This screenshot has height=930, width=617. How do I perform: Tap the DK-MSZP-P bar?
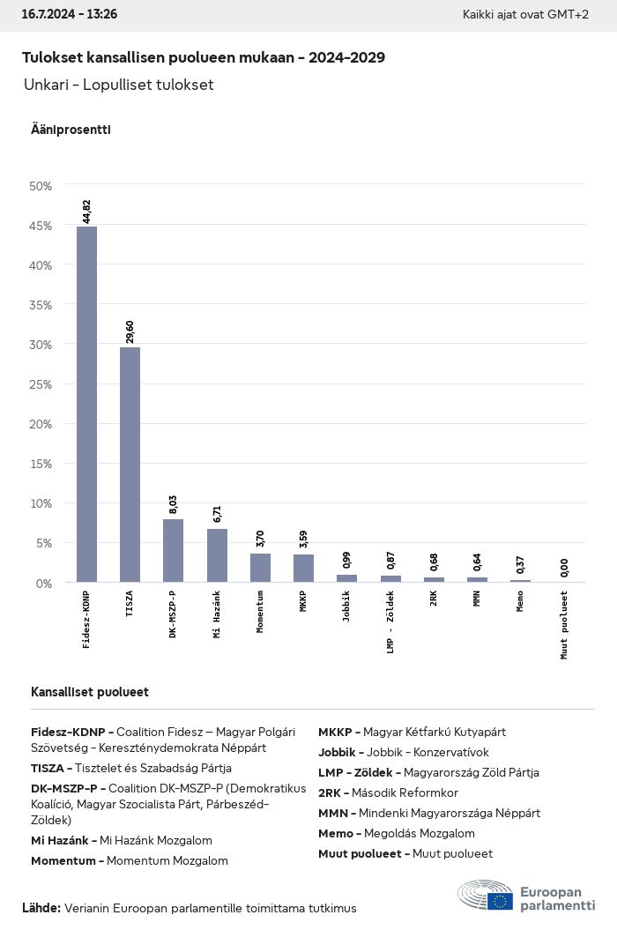[x=174, y=550]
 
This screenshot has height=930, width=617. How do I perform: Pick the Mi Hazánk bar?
[x=217, y=555]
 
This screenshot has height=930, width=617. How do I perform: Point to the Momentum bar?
[x=260, y=567]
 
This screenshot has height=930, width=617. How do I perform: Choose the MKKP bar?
[x=303, y=568]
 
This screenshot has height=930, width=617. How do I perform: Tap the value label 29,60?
[x=130, y=332]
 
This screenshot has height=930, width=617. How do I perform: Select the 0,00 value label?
[x=564, y=568]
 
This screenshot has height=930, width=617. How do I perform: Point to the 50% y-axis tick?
[x=41, y=186]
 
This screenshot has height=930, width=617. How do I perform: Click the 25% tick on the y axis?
[x=41, y=384]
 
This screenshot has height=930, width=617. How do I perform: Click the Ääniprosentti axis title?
[x=71, y=130]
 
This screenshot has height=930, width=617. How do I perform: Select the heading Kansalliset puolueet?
[x=90, y=692]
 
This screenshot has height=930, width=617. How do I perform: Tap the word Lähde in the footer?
[x=41, y=908]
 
